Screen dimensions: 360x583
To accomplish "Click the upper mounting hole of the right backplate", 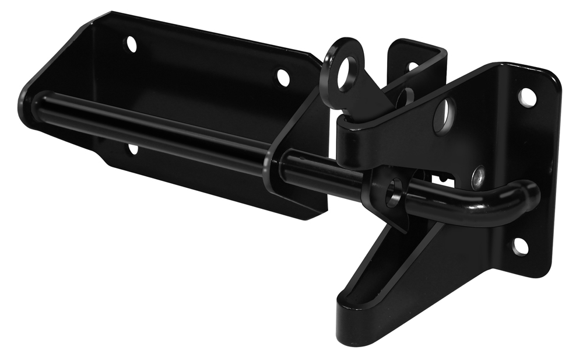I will click(x=526, y=97).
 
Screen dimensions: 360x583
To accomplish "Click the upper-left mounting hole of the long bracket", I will click(x=132, y=44).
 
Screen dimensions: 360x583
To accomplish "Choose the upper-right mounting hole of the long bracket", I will click(x=283, y=77).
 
